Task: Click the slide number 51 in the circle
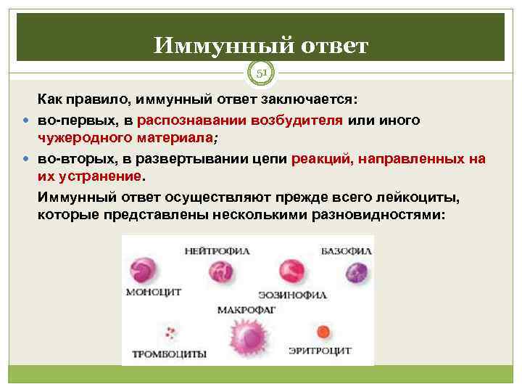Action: click(x=260, y=73)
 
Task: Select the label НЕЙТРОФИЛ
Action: click(x=217, y=251)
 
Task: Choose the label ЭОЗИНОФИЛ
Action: click(x=292, y=295)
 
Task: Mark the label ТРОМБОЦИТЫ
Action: click(x=169, y=354)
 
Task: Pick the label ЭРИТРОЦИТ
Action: click(x=320, y=351)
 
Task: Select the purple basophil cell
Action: click(x=356, y=272)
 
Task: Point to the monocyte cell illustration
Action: click(x=143, y=272)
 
